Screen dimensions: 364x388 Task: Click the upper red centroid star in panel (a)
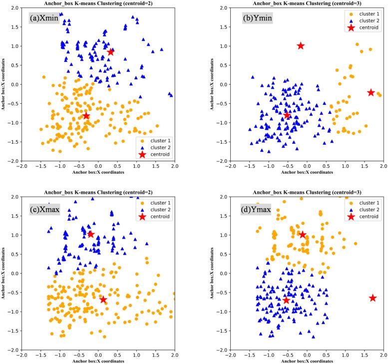click(110, 52)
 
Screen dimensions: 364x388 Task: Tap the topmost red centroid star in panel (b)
click(301, 46)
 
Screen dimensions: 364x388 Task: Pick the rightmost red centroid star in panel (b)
click(371, 92)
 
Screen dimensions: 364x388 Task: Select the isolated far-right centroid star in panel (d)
click(373, 298)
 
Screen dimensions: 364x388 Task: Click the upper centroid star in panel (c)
click(90, 234)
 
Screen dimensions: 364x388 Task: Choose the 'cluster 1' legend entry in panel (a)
click(155, 137)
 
